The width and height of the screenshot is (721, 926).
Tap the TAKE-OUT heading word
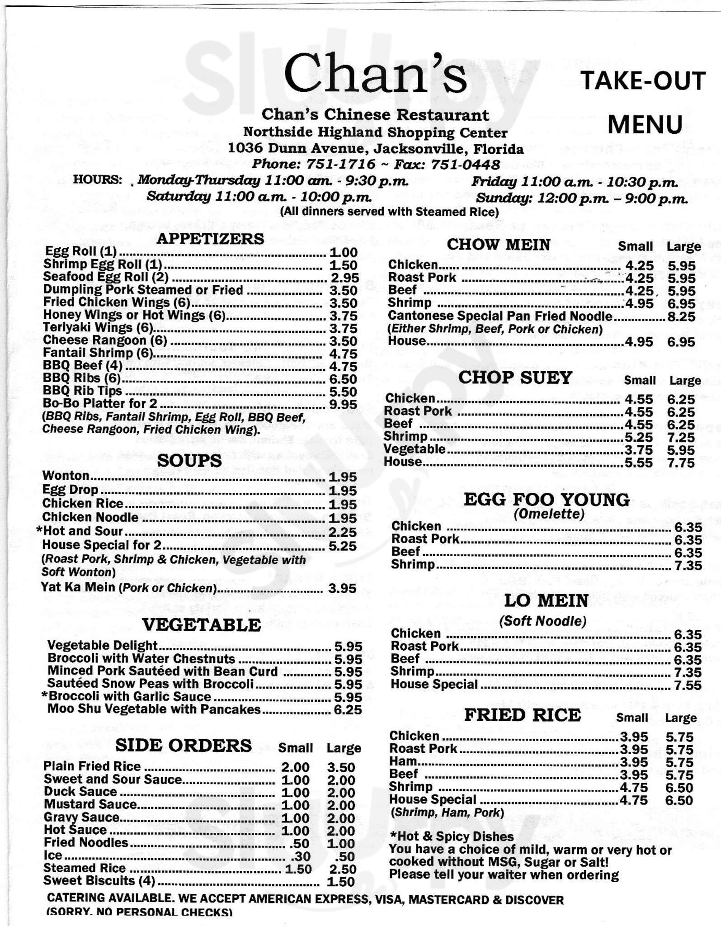[642, 81]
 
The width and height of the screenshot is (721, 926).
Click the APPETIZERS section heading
[210, 238]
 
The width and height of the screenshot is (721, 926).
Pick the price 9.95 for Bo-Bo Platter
[343, 405]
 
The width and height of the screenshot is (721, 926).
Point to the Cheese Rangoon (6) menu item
[105, 340]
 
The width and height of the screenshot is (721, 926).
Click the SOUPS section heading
[189, 460]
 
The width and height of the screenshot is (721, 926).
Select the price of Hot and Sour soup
[343, 532]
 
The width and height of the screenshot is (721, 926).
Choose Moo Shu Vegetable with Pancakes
[154, 709]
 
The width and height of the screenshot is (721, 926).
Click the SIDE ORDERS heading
[184, 745]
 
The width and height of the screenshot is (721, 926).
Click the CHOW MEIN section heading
[498, 245]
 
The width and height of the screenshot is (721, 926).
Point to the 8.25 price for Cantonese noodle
[681, 317]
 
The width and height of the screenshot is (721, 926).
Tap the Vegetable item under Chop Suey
[415, 449]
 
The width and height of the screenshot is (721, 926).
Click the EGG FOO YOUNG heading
[547, 500]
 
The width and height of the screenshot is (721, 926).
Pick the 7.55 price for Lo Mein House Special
[688, 685]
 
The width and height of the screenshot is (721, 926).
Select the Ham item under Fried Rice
[402, 761]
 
